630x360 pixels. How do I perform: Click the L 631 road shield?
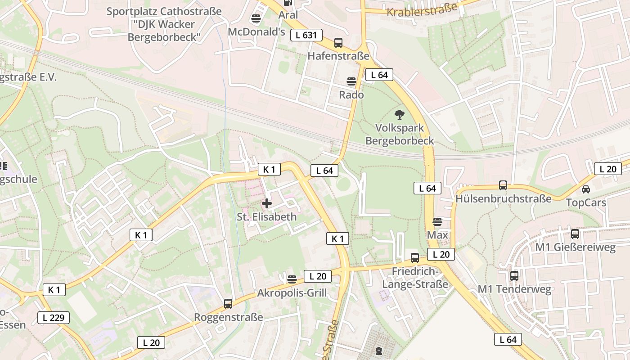(306, 35)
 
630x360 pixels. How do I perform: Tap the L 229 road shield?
(54, 318)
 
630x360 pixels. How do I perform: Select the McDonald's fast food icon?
(256, 18)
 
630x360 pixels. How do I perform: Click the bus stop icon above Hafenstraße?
(338, 43)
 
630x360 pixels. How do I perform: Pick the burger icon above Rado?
(351, 81)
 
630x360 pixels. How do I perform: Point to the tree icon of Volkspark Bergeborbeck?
(399, 115)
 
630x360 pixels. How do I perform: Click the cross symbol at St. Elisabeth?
(267, 203)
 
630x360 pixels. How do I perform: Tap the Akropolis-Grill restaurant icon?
(292, 279)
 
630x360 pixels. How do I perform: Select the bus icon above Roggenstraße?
(228, 303)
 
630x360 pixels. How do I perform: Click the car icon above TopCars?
(586, 189)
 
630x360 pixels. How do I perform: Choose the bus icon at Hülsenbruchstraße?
(503, 185)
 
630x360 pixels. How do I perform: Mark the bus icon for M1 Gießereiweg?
(575, 234)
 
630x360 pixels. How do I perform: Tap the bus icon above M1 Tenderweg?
(514, 275)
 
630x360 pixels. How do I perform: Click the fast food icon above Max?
(437, 221)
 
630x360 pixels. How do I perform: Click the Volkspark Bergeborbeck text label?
(400, 135)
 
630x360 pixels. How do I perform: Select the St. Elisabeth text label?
(267, 217)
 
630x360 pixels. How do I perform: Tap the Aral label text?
(288, 15)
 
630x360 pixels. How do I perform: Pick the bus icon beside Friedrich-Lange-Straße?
(415, 258)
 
